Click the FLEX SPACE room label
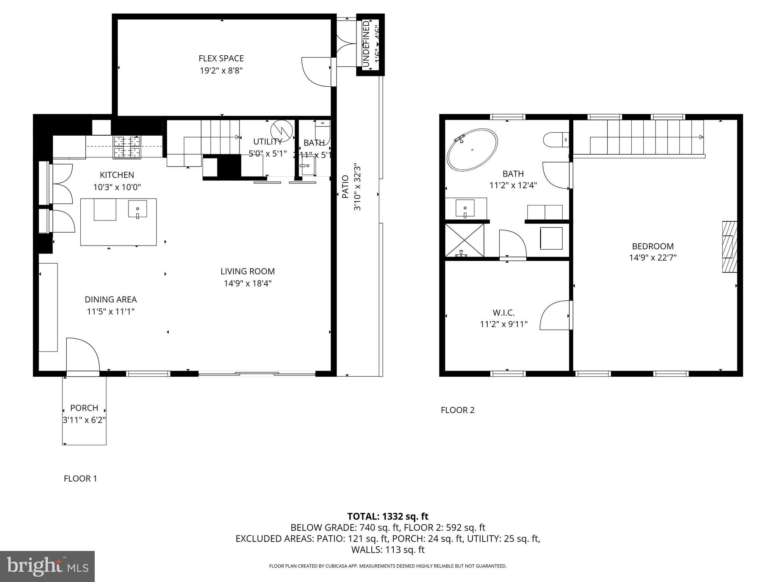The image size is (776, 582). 221,58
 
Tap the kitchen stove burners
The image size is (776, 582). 127,147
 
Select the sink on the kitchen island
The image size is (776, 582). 137,209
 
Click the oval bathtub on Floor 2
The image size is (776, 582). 472,149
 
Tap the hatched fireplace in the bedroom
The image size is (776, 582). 729,247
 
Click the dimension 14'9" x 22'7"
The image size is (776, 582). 653,258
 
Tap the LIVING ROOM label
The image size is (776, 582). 247,271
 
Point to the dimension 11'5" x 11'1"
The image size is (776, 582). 111,311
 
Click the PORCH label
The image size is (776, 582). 84,408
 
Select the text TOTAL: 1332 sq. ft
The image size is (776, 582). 388,516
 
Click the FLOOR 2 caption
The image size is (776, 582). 457,410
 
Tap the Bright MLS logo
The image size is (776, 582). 47,566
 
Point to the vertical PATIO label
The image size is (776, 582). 345,187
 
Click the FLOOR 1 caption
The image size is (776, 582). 80,479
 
